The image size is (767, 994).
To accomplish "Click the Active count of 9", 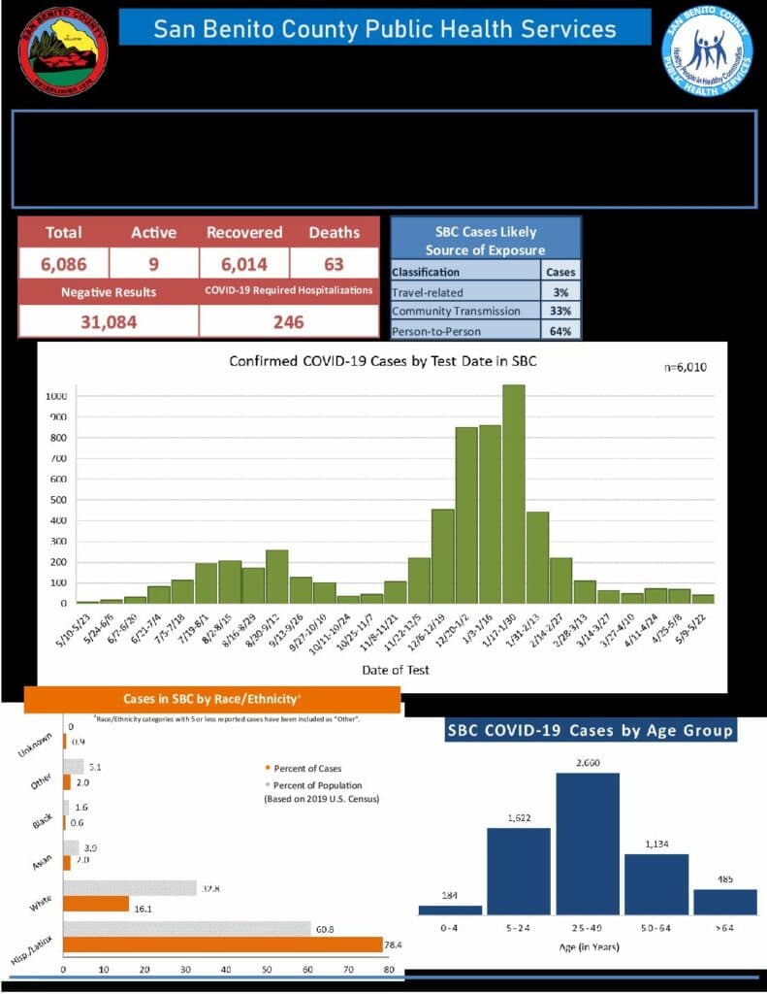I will pyautogui.click(x=153, y=263).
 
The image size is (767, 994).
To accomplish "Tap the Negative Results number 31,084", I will pyautogui.click(x=108, y=322).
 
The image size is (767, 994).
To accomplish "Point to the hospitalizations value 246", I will pyautogui.click(x=288, y=322).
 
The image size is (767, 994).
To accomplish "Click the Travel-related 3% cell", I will pyautogui.click(x=560, y=291).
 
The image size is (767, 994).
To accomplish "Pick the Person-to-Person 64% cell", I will pyautogui.click(x=560, y=330).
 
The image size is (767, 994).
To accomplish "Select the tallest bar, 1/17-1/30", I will pyautogui.click(x=514, y=494).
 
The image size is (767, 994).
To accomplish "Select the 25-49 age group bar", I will pyautogui.click(x=588, y=844).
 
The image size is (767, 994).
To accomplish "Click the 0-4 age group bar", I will pyautogui.click(x=450, y=910).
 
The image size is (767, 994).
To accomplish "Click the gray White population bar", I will pyautogui.click(x=130, y=887).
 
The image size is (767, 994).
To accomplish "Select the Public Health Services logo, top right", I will pyautogui.click(x=707, y=50).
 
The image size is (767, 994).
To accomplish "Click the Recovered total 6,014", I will pyautogui.click(x=243, y=263).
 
